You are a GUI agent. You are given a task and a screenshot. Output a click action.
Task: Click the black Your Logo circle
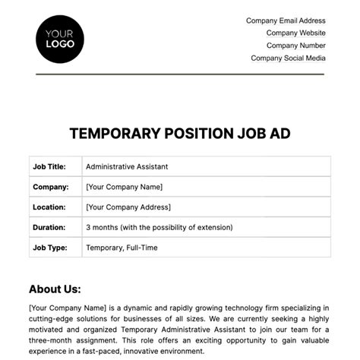[60, 38]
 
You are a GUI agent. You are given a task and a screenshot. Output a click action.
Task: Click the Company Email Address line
[286, 21]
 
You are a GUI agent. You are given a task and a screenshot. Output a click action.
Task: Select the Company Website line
[295, 33]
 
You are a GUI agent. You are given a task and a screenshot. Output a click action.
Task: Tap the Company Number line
[295, 45]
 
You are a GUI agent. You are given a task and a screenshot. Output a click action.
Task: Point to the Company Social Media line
[288, 58]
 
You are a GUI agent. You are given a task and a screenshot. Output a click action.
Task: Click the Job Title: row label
[49, 166]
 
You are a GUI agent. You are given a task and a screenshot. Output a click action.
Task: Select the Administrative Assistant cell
[127, 166]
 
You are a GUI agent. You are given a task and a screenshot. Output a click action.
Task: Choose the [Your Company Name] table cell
[124, 187]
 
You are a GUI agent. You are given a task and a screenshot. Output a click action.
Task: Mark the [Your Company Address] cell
[128, 207]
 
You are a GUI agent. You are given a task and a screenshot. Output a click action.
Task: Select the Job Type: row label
[49, 247]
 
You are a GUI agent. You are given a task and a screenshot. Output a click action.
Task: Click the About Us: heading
[55, 289]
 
